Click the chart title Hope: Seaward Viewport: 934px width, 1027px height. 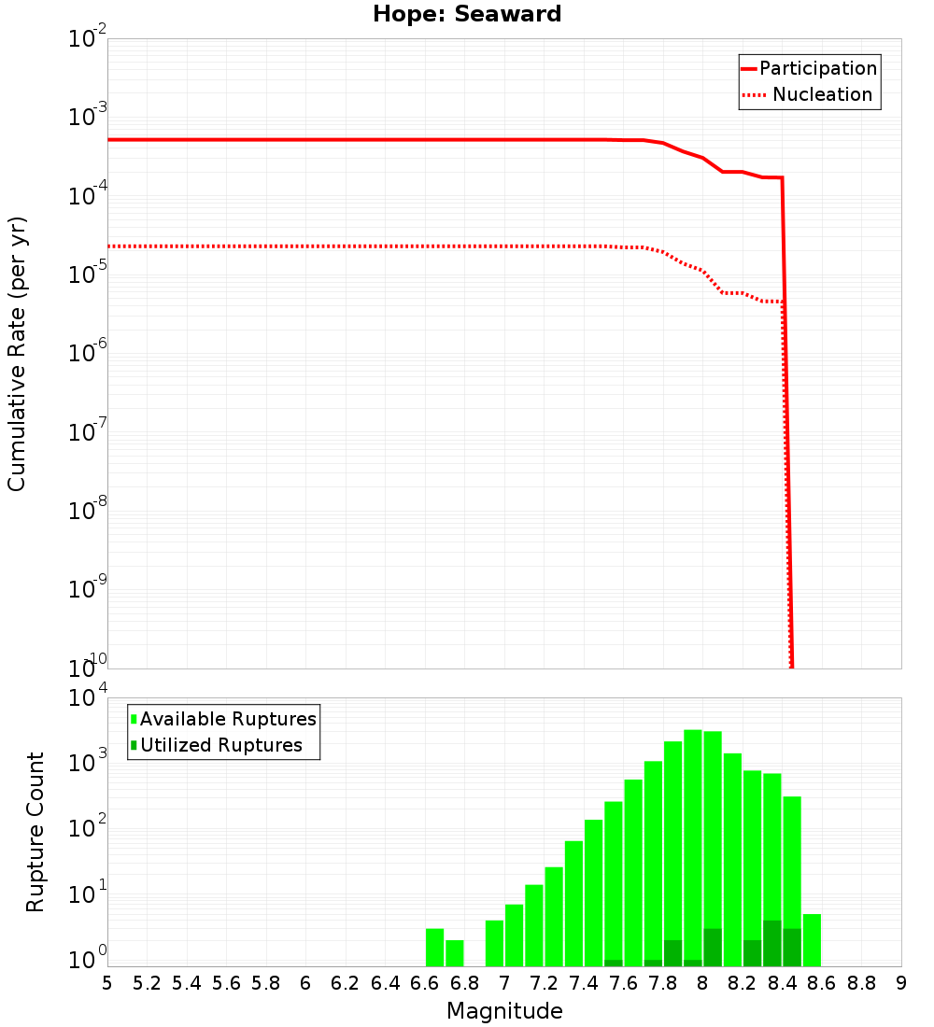click(x=467, y=15)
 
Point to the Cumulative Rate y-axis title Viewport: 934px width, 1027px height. click(x=18, y=353)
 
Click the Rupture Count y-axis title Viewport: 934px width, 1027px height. click(x=35, y=832)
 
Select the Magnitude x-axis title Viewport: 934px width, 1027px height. click(x=504, y=1011)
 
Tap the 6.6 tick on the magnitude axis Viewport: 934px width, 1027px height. click(x=425, y=983)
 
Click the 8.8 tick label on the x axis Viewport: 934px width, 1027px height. click(x=861, y=983)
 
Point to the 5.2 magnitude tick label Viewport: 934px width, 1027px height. click(x=147, y=983)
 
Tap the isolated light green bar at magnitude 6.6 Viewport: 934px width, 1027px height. click(x=434, y=947)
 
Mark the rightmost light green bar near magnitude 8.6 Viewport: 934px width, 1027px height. click(x=812, y=939)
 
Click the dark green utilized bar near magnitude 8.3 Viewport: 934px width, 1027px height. click(x=772, y=943)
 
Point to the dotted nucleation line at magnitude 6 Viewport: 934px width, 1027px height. click(x=305, y=246)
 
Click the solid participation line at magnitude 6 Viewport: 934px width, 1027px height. click(x=305, y=140)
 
